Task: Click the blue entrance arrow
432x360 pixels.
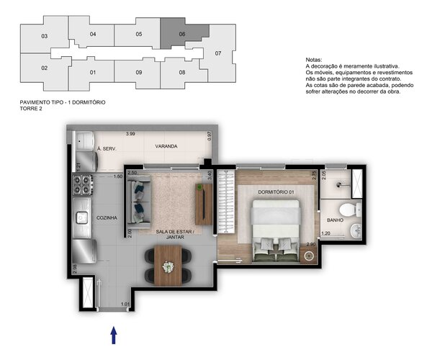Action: [x=114, y=335]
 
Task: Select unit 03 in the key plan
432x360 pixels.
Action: [x=44, y=36]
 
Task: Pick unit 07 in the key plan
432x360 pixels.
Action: [x=218, y=53]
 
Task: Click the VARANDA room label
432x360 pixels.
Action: [x=166, y=146]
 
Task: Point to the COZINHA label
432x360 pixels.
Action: [x=107, y=217]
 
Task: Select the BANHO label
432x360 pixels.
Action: [x=336, y=220]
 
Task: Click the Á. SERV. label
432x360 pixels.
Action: [x=107, y=150]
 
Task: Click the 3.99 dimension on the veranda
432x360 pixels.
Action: [x=130, y=135]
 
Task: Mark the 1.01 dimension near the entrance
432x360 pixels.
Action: [x=127, y=304]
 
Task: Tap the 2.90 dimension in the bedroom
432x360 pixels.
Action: [x=310, y=245]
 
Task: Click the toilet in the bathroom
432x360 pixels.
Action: [x=347, y=210]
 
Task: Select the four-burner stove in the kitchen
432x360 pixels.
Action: [x=82, y=186]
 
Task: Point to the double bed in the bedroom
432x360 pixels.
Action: [x=275, y=227]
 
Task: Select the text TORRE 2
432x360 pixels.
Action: [x=34, y=109]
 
